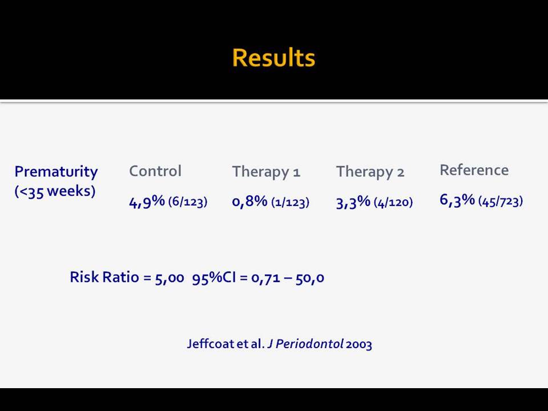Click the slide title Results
(273, 58)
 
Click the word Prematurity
(56, 172)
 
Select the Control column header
(155, 171)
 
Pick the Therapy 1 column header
(267, 172)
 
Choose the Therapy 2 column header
(370, 172)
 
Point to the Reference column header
(474, 170)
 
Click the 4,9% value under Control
(147, 202)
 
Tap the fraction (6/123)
(188, 202)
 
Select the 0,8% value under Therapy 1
(250, 202)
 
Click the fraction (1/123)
(290, 202)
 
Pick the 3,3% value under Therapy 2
(353, 202)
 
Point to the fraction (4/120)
(393, 202)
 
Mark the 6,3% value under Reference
(457, 200)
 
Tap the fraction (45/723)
(501, 201)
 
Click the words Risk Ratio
(104, 277)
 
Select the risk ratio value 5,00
(170, 278)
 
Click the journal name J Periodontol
(305, 344)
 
